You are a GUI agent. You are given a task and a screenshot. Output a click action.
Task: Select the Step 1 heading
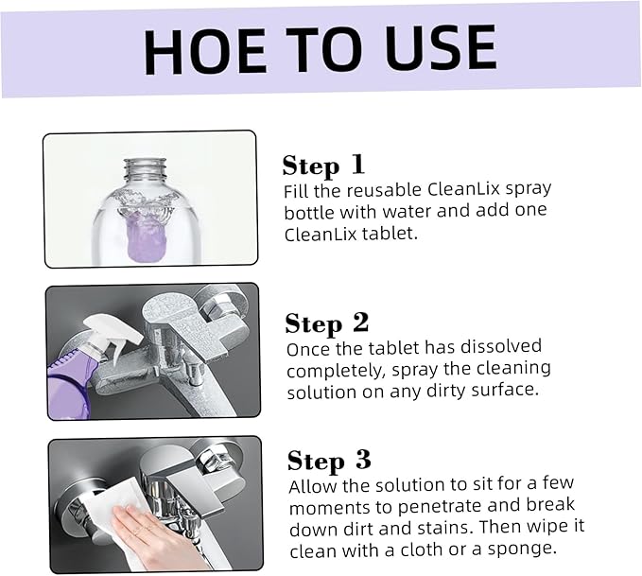(323, 166)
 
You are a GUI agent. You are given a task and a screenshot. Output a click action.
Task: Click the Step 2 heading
(327, 323)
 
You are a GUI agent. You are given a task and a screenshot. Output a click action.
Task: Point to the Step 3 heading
(329, 461)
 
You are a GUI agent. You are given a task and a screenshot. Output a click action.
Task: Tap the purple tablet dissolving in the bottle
(147, 239)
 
